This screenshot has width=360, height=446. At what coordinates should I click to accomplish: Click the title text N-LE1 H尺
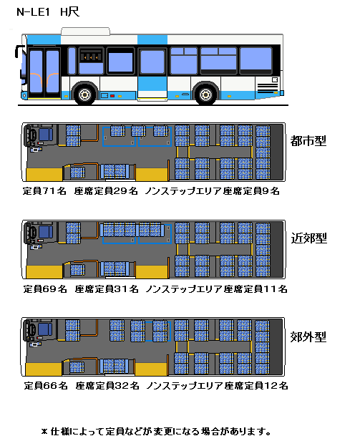click(48, 12)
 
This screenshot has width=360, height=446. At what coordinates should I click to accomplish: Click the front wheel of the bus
click(84, 94)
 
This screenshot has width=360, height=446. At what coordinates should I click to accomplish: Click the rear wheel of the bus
click(205, 94)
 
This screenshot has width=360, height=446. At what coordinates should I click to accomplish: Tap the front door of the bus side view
click(44, 73)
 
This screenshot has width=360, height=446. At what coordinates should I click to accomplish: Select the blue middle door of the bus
click(152, 73)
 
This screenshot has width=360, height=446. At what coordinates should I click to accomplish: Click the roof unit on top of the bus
click(86, 31)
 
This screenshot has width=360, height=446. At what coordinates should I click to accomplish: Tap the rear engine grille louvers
click(267, 88)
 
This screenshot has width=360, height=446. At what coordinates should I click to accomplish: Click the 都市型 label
click(308, 141)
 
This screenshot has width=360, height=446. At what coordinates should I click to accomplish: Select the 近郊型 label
click(308, 238)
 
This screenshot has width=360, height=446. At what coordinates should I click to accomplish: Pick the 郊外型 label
click(308, 337)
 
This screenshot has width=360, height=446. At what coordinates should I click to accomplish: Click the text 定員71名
click(44, 191)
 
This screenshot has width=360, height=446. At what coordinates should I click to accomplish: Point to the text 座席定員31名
click(107, 289)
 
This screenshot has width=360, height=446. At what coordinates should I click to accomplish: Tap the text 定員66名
click(46, 386)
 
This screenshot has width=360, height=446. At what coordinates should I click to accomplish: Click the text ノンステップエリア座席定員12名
click(218, 386)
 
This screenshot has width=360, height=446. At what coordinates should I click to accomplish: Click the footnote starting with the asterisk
click(156, 432)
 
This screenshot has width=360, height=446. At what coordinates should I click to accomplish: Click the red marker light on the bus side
click(112, 96)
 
